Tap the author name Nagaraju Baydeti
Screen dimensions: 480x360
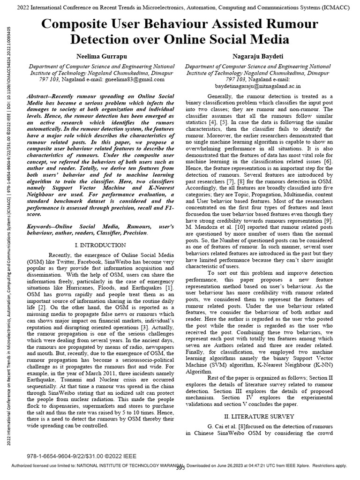point(257,56)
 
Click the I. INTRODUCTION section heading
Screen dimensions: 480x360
point(100,245)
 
